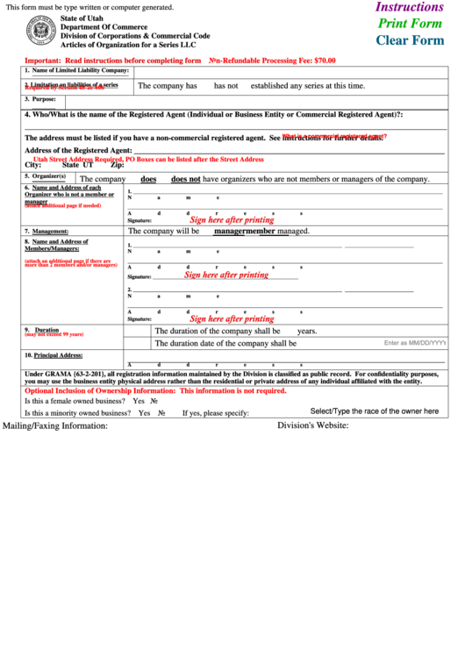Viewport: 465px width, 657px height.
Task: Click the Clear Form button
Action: pyautogui.click(x=410, y=40)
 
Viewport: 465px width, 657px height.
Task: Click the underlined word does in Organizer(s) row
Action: pyautogui.click(x=148, y=179)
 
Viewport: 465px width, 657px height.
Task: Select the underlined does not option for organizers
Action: pyautogui.click(x=185, y=179)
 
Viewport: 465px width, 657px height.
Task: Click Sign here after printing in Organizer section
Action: pyautogui.click(x=232, y=220)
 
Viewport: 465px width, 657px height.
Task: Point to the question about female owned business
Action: pyautogui.click(x=75, y=400)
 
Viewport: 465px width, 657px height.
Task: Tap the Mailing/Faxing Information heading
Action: pyautogui.click(x=56, y=425)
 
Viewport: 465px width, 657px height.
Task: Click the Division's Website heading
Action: pyautogui.click(x=312, y=425)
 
